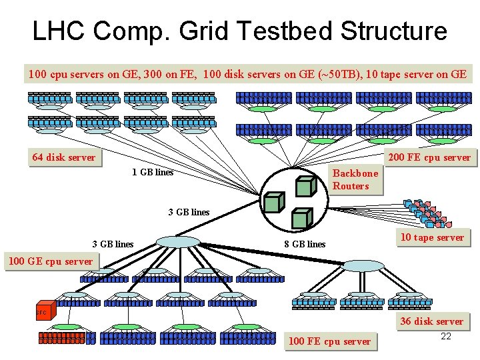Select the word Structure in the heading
click(x=394, y=31)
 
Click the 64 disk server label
click(x=63, y=158)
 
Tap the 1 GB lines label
click(x=153, y=173)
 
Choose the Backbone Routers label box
click(x=355, y=179)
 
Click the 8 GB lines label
click(x=305, y=244)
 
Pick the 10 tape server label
click(x=432, y=237)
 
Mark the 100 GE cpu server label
click(x=50, y=261)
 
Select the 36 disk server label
click(x=431, y=321)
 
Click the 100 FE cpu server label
click(x=329, y=342)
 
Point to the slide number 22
click(x=446, y=337)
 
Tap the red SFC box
click(x=41, y=312)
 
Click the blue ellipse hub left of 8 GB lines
click(x=177, y=241)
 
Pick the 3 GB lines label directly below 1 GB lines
click(x=189, y=213)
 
